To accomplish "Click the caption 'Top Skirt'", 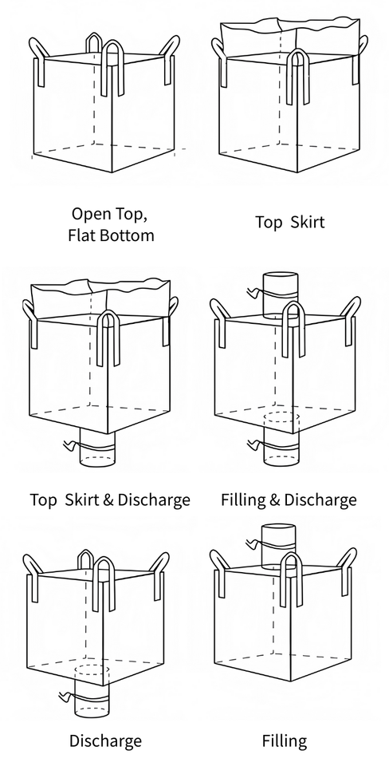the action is pyautogui.click(x=290, y=223).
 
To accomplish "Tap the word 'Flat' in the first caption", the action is pyautogui.click(x=82, y=235).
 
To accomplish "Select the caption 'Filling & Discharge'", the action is pyautogui.click(x=289, y=499).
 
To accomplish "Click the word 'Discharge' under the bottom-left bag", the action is pyautogui.click(x=105, y=740).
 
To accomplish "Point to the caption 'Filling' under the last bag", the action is pyautogui.click(x=285, y=740).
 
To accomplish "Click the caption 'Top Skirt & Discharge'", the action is pyautogui.click(x=110, y=499).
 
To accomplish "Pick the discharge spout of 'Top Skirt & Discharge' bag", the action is pyautogui.click(x=97, y=448).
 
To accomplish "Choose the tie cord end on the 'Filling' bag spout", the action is pyautogui.click(x=250, y=542).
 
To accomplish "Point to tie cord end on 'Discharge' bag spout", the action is pyautogui.click(x=64, y=696).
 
